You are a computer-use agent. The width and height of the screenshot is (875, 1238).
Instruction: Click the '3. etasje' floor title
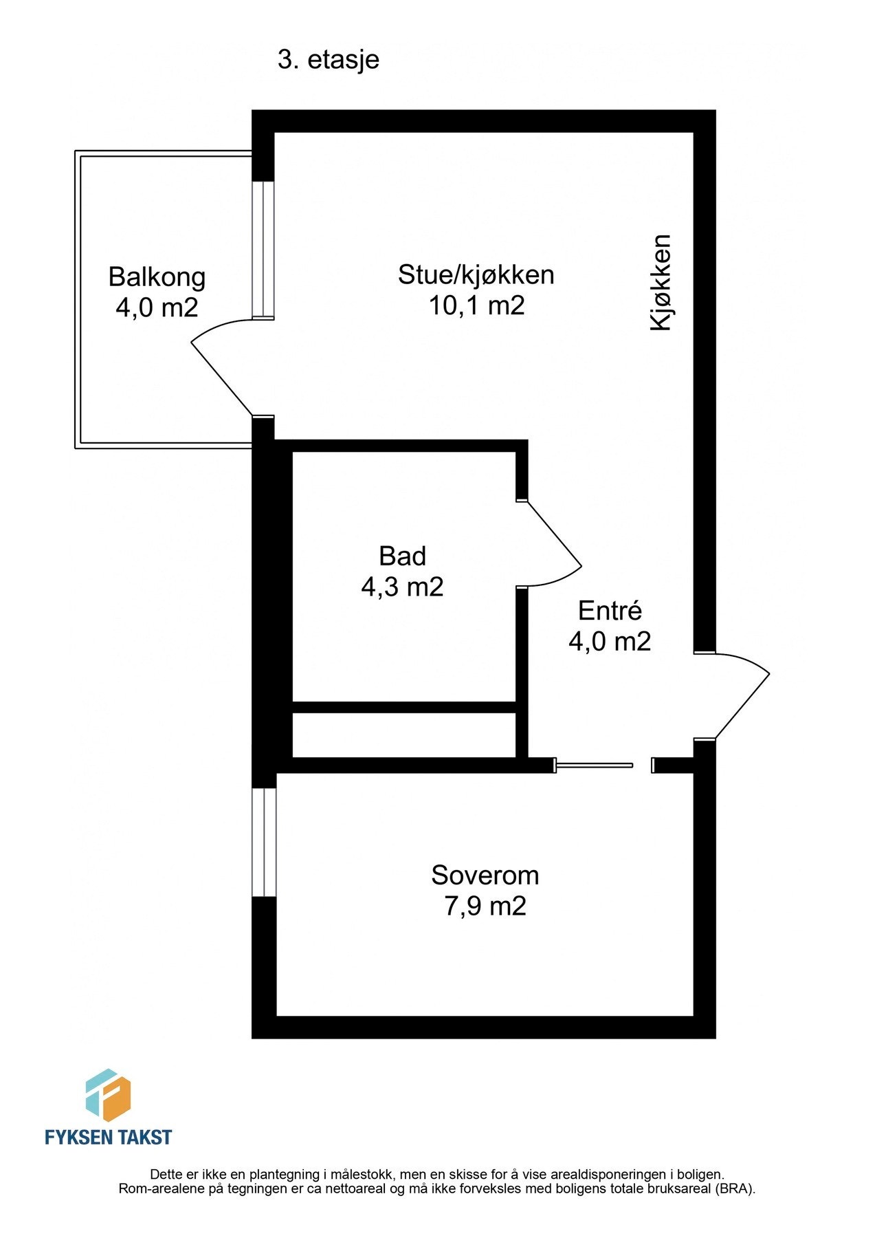(x=328, y=60)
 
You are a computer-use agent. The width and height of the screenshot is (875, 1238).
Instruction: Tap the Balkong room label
(x=157, y=276)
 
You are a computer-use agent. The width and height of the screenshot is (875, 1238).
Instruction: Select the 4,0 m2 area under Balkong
(x=157, y=307)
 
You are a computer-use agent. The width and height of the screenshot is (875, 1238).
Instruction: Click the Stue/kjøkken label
(x=476, y=274)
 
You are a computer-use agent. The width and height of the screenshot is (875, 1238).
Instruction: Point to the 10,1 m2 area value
(x=476, y=305)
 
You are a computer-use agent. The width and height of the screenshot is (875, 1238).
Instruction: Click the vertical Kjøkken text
(x=661, y=283)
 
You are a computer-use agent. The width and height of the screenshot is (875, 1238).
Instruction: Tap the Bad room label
(x=402, y=556)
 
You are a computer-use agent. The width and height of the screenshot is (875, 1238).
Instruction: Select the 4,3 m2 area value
(x=402, y=587)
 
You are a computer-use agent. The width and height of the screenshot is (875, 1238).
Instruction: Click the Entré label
(x=610, y=611)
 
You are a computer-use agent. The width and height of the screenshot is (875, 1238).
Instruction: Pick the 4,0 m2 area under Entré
(x=610, y=641)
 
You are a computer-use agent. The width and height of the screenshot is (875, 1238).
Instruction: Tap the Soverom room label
(x=485, y=876)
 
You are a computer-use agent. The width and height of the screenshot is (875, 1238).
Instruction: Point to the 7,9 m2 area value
(x=485, y=906)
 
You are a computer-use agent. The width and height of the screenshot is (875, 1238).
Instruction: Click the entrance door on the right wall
(x=739, y=696)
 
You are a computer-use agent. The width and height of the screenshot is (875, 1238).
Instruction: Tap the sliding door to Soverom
(x=594, y=765)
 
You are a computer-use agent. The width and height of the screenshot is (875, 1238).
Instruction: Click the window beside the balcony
(x=263, y=250)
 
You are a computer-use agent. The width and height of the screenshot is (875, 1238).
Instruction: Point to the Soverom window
(x=264, y=842)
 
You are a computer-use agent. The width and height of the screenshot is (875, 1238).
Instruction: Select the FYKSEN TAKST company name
(x=108, y=1137)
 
